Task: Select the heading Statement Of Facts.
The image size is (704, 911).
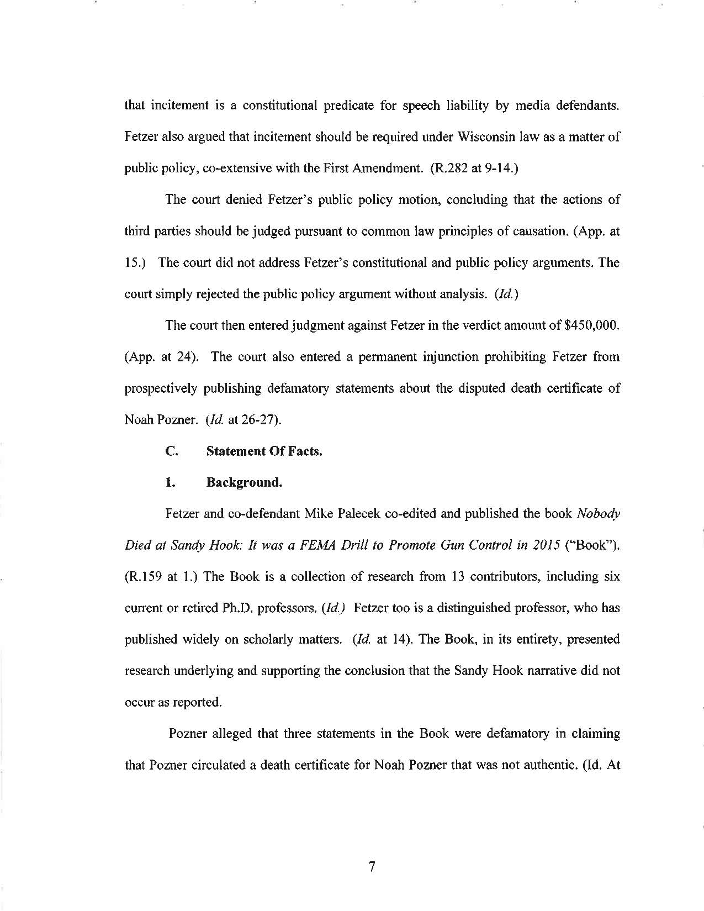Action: (264, 451)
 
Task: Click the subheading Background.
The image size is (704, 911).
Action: (244, 482)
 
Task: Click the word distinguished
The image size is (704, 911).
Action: (475, 608)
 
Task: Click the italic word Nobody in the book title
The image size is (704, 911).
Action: (598, 514)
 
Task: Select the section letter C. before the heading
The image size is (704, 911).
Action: (171, 451)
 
